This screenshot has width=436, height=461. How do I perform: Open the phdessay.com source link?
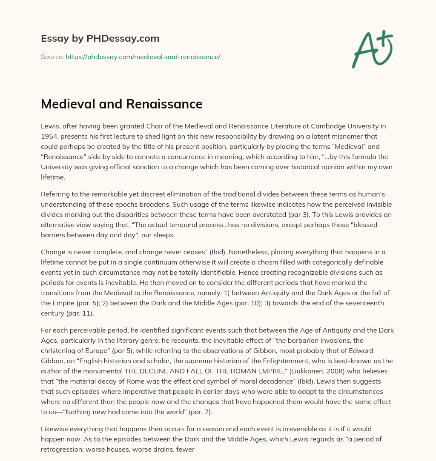(143, 57)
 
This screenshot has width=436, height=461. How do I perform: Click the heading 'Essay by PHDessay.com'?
(100, 39)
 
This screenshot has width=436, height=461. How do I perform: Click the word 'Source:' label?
(52, 57)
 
